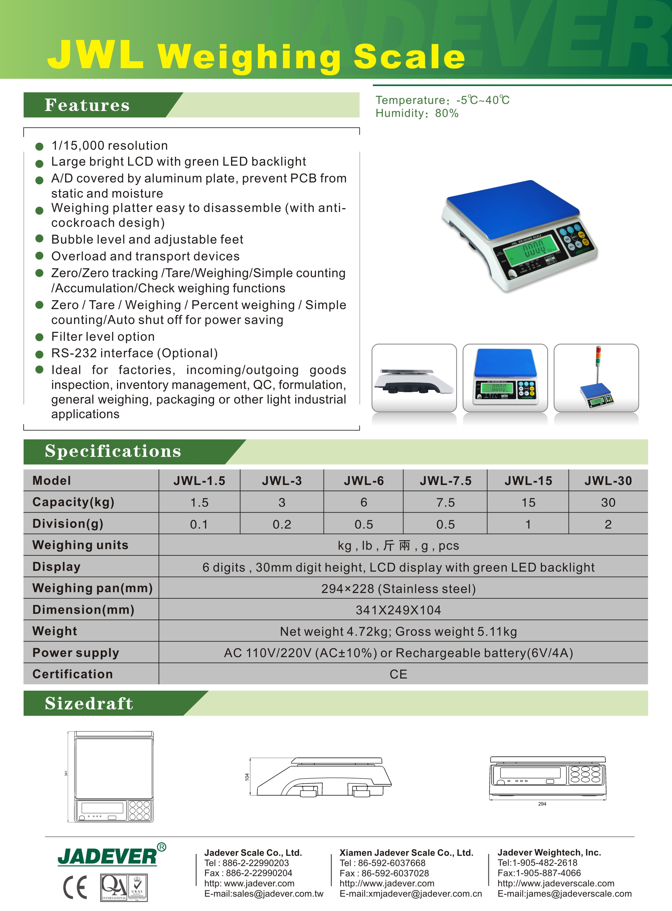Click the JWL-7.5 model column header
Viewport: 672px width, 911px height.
click(x=445, y=481)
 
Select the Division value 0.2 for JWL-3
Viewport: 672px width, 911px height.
click(x=282, y=524)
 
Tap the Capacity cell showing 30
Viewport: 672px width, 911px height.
click(x=608, y=502)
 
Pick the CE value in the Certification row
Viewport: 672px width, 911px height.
click(x=398, y=674)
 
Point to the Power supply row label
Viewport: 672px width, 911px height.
click(x=76, y=653)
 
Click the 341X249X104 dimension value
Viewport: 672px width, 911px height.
click(x=398, y=610)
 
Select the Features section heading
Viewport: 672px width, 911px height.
click(x=87, y=105)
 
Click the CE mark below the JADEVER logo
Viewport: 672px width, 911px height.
click(x=75, y=887)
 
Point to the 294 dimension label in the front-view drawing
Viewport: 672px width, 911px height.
click(x=542, y=804)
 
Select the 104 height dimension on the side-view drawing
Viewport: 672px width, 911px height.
click(x=247, y=776)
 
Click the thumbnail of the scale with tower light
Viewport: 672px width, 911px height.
click(x=596, y=378)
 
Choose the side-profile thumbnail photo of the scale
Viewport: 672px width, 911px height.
click(x=414, y=378)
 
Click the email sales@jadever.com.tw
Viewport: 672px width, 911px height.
click(x=264, y=893)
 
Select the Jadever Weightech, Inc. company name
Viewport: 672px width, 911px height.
click(x=549, y=853)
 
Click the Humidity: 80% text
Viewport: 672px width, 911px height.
click(x=417, y=113)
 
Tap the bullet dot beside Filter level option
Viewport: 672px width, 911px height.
click(x=40, y=337)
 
